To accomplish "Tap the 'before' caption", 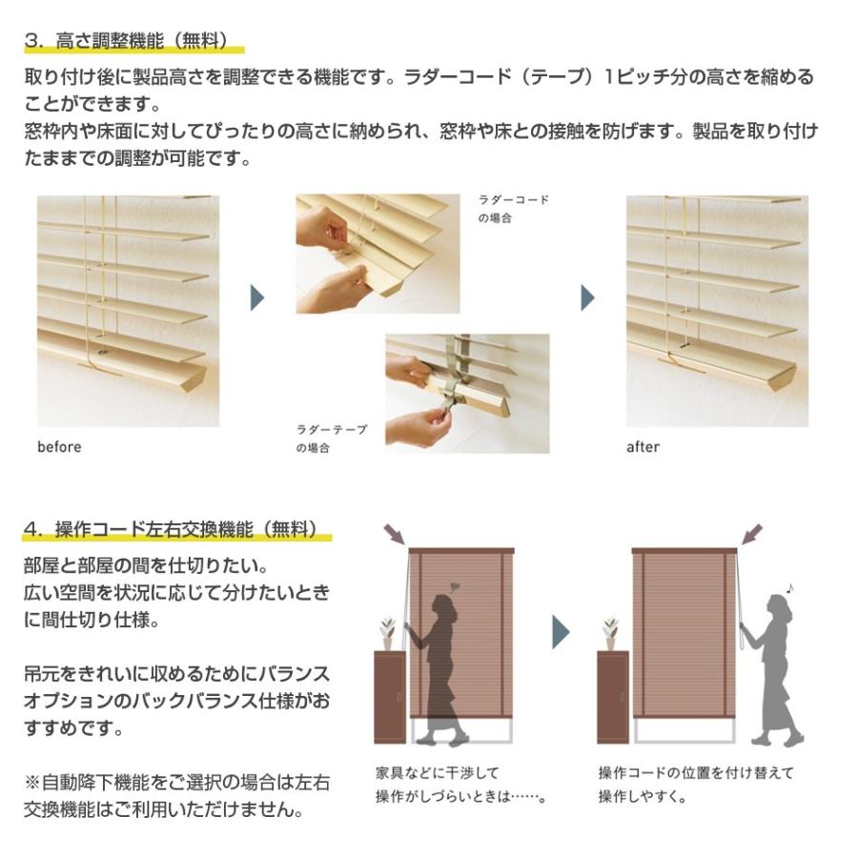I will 59,446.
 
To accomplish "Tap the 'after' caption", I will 643,446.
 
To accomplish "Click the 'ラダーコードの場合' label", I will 513,209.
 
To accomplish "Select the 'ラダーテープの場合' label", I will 331,439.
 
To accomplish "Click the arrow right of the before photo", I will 256,297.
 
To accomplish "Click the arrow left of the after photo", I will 587,297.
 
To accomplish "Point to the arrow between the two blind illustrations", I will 561,632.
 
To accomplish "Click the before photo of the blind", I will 128,311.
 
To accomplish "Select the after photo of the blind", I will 717,311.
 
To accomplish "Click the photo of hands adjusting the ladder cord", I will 378,254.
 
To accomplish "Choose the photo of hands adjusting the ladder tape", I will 467,392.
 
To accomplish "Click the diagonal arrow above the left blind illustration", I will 393,533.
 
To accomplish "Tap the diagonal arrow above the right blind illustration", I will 751,533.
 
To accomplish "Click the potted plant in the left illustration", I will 387,633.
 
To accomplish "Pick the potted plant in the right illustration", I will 611,633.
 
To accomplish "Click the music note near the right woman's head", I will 790,588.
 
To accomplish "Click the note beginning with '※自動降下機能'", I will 177,796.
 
